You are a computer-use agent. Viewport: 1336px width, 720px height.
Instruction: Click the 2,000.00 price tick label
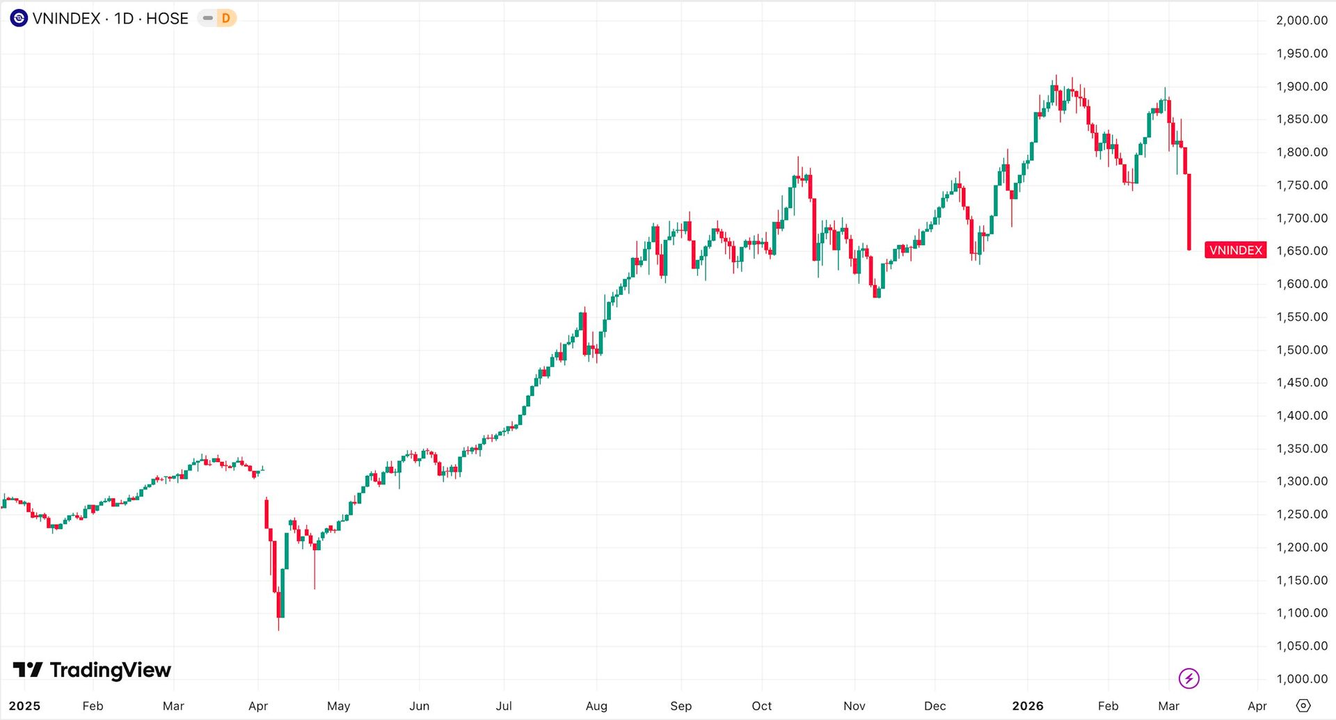1301,20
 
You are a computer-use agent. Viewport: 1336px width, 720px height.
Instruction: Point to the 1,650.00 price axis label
1301,250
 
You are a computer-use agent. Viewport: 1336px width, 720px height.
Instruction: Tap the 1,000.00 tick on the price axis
1301,679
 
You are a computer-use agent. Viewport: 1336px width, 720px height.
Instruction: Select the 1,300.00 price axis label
1301,481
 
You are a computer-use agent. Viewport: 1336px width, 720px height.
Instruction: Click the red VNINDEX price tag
1235,250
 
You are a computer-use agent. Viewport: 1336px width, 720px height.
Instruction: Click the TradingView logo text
110,670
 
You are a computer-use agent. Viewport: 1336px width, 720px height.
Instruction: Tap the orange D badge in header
225,18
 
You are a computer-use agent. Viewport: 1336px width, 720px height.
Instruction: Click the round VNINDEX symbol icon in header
19,18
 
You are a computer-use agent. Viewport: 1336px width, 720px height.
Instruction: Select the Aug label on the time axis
596,706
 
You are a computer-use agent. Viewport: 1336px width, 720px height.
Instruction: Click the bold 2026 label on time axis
1028,706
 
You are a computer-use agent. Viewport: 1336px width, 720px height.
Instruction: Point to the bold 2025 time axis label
24,706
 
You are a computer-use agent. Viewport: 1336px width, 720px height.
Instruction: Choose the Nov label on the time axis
854,706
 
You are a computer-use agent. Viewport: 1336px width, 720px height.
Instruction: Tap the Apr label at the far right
1257,706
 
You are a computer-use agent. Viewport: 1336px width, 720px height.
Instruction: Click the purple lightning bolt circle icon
1188,678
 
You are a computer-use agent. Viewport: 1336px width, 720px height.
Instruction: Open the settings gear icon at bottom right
1303,706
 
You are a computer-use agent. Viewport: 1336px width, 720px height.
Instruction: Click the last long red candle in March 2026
1189,212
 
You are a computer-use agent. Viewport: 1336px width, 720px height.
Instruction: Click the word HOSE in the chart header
167,19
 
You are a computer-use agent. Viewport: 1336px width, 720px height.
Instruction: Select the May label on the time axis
338,706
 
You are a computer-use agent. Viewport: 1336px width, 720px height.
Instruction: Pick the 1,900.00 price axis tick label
1301,86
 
